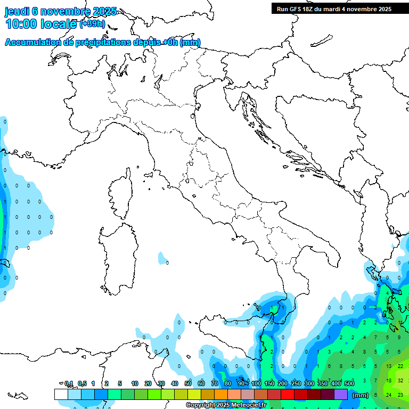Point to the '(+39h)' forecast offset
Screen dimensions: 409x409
click(x=92, y=24)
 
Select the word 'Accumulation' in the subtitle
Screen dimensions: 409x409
click(x=32, y=43)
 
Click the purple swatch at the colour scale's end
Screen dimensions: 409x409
click(x=341, y=395)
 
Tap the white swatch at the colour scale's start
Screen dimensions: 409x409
click(x=61, y=395)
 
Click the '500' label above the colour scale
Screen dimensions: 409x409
click(x=349, y=383)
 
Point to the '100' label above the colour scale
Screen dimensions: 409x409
click(x=256, y=383)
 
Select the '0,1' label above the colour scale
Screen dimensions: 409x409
click(x=69, y=383)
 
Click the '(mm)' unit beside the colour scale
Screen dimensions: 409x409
click(x=361, y=395)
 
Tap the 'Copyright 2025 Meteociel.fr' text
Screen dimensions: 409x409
click(x=226, y=405)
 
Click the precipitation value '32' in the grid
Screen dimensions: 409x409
click(x=400, y=381)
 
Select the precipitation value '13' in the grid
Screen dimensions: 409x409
click(x=388, y=366)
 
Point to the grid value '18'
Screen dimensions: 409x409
click(x=388, y=381)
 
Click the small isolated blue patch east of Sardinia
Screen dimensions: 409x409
click(x=162, y=259)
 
